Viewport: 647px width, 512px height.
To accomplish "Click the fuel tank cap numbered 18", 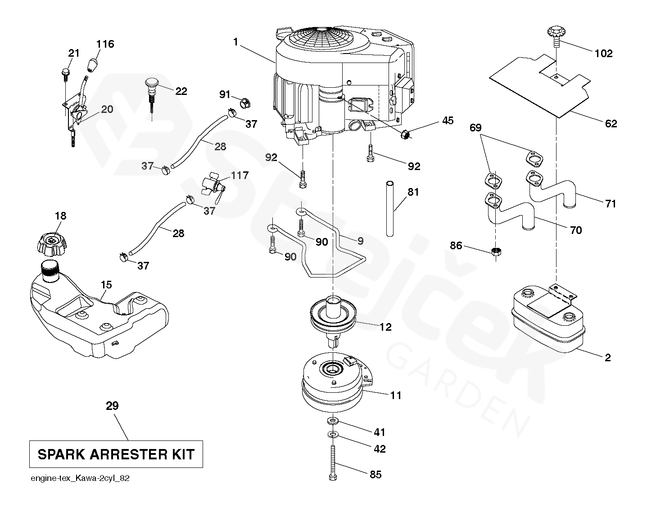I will pyautogui.click(x=51, y=243).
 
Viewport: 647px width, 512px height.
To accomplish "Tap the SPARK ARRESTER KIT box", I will pyautogui.click(x=116, y=454).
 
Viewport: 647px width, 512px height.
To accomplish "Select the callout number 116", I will pyautogui.click(x=105, y=44).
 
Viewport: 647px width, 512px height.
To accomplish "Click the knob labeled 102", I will pyautogui.click(x=555, y=35).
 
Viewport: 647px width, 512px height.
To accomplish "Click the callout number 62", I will pyautogui.click(x=611, y=123).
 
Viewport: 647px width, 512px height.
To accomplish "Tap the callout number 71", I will pyautogui.click(x=610, y=204).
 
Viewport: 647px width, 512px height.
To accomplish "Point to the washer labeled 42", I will pyautogui.click(x=332, y=436).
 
